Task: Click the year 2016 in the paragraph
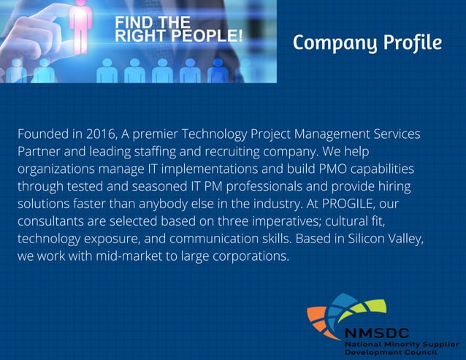[102, 134]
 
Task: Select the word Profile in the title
[411, 43]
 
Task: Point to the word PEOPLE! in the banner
[208, 35]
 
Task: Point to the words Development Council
[391, 351]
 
